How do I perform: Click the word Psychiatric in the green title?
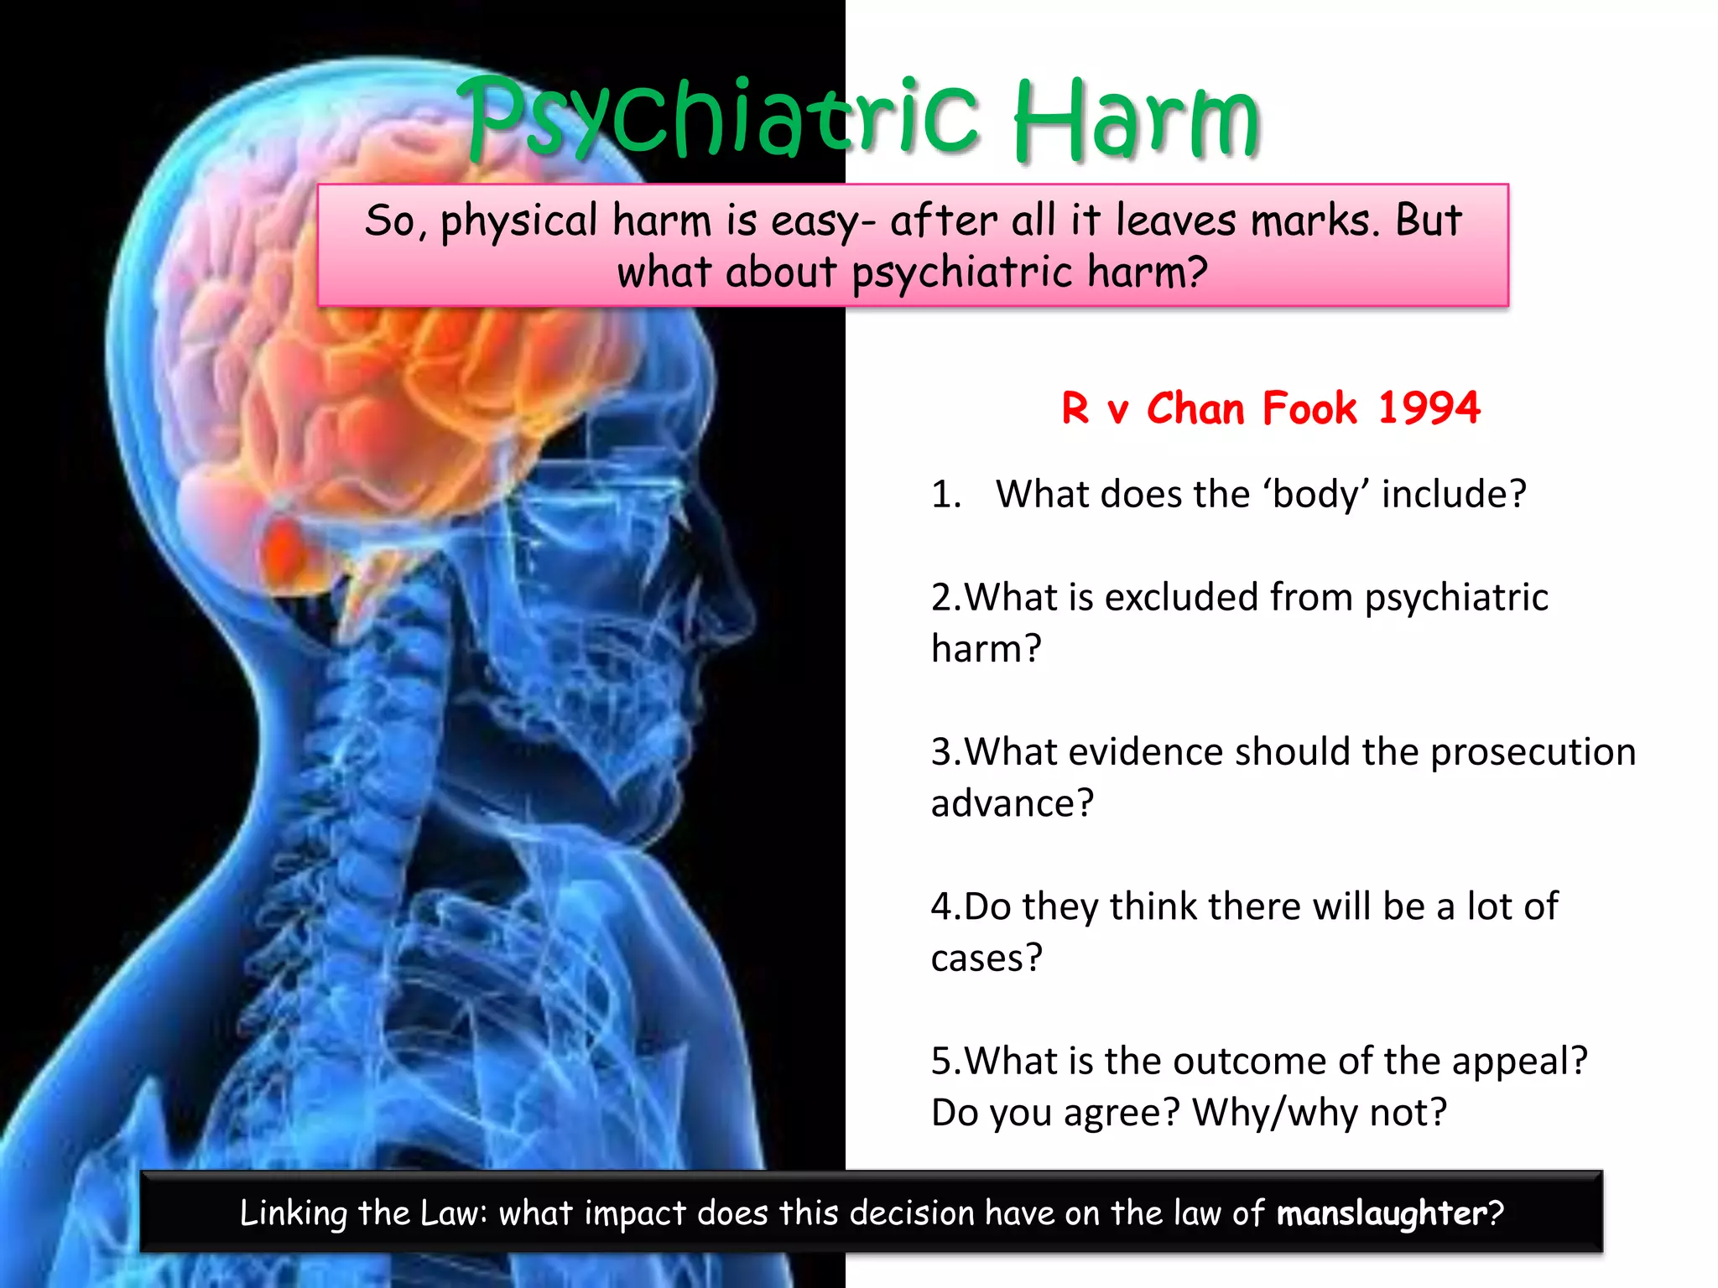click(721, 117)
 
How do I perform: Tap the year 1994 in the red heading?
click(1429, 408)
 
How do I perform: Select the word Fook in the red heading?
click(1309, 408)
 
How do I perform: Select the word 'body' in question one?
click(1313, 494)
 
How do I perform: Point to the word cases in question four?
click(987, 958)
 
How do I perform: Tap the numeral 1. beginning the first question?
click(946, 494)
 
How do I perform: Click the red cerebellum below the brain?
click(285, 549)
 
